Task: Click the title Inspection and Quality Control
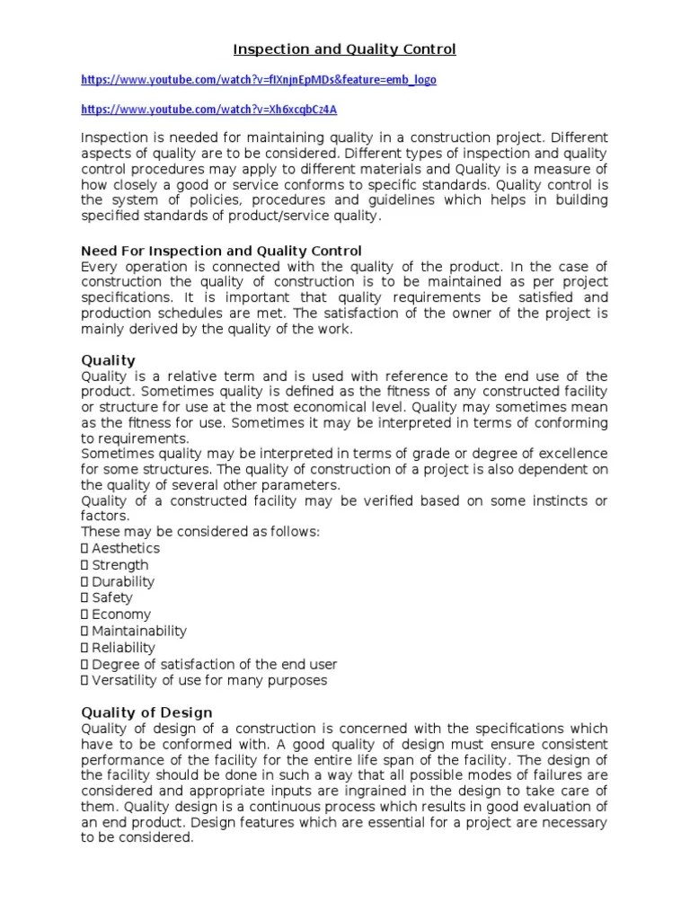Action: point(345,49)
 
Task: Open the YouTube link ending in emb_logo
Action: point(259,80)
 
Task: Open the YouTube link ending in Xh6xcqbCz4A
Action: point(209,110)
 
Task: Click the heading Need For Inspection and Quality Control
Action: point(221,251)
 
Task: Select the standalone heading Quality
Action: point(108,360)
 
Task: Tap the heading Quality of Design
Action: point(146,712)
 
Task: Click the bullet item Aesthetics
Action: point(125,548)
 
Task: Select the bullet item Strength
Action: point(119,565)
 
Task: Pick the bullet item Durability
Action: point(123,581)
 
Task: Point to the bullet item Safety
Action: point(111,597)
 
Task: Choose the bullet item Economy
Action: point(121,615)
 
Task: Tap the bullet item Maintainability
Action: point(138,631)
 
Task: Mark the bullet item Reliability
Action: point(123,648)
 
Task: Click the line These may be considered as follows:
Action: point(200,532)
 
